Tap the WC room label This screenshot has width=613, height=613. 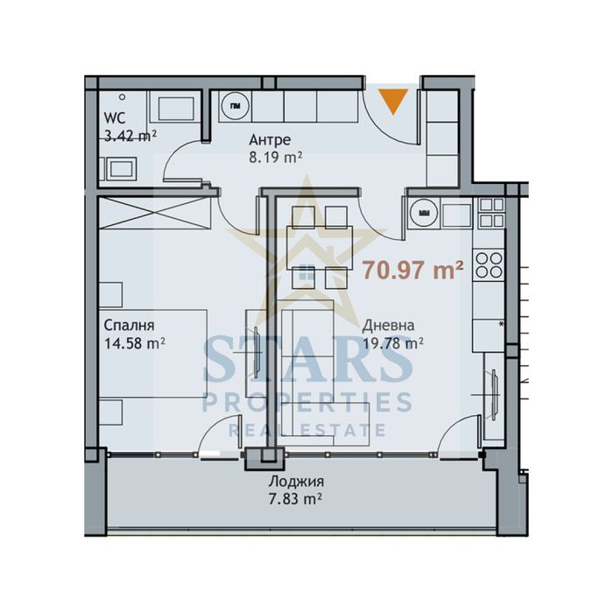point(113,119)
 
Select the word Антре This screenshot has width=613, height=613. point(270,140)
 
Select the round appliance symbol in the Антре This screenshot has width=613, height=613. point(235,106)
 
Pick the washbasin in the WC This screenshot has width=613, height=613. point(118,167)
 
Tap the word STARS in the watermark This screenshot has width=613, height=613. point(308,357)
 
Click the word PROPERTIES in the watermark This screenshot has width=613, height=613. point(307,403)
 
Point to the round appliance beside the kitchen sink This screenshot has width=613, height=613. point(424,211)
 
